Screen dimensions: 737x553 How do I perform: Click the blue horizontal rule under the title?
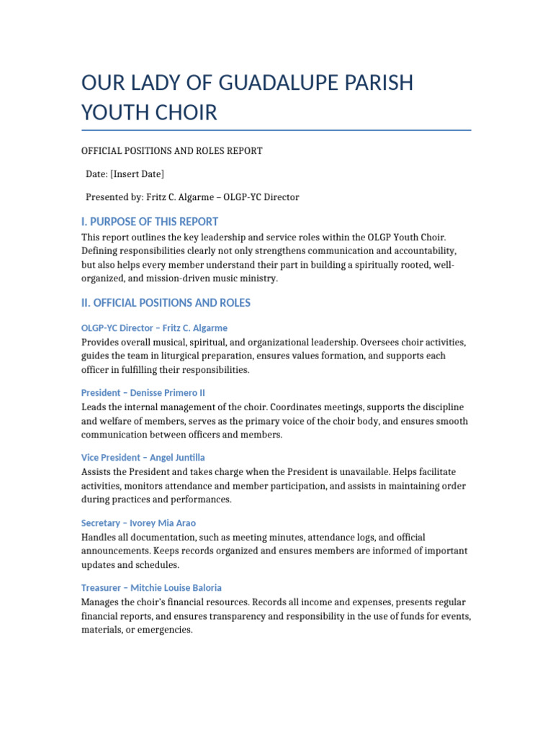(x=276, y=130)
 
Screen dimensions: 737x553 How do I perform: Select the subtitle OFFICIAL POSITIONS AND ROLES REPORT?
(x=172, y=151)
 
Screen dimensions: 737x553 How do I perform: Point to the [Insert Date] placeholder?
(x=137, y=174)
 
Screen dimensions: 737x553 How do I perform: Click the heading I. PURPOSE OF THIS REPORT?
(x=150, y=222)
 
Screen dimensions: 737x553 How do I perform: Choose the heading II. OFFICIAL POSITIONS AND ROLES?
(x=166, y=303)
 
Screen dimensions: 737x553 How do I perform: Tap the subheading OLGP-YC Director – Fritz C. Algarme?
(x=154, y=328)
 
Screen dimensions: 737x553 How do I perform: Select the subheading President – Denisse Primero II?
(x=143, y=393)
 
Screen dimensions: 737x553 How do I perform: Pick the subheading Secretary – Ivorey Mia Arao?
(x=138, y=523)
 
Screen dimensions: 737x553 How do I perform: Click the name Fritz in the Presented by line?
(x=157, y=197)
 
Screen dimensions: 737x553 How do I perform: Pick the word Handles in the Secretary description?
(x=99, y=537)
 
